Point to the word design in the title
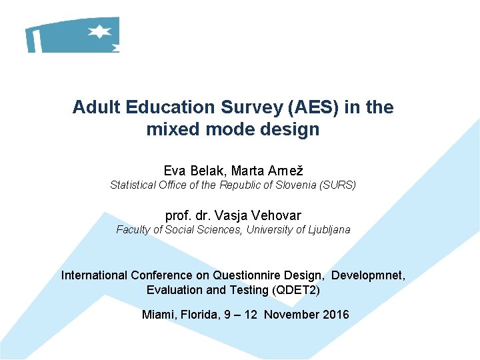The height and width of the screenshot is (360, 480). tap(291, 129)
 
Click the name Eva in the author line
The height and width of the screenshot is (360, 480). tap(175, 171)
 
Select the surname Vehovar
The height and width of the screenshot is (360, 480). tap(277, 215)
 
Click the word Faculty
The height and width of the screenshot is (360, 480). tap(133, 229)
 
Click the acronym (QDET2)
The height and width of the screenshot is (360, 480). tap(295, 290)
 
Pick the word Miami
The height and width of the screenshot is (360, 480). tap(157, 315)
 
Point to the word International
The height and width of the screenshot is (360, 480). tap(94, 275)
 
